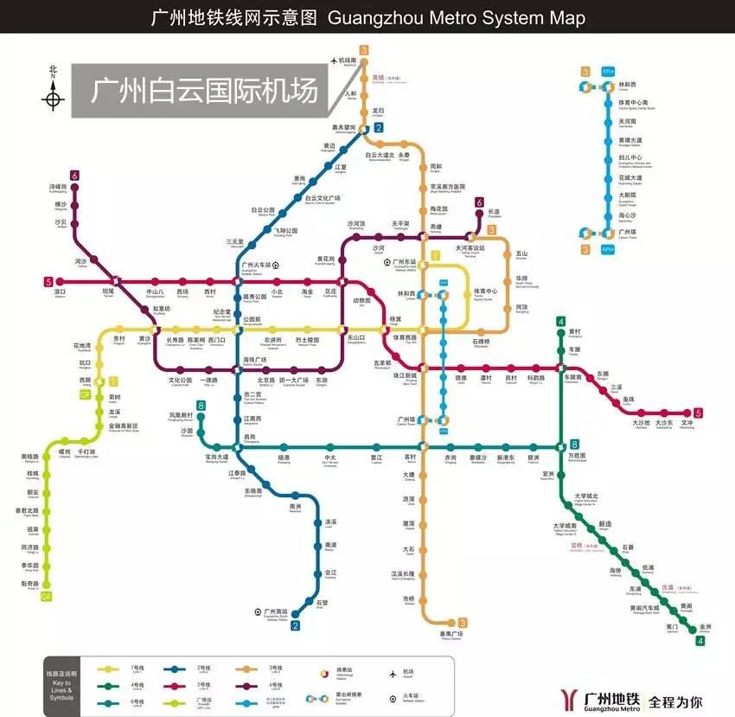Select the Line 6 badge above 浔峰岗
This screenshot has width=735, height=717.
pos(75,176)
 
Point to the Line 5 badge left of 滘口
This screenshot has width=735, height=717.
pos(48,281)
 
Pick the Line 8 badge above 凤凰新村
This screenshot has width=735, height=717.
pos(201,405)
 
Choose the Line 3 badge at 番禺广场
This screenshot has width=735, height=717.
pos(463,623)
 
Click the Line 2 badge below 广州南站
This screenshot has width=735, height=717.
pos(295,626)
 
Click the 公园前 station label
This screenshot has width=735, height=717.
pos(252,320)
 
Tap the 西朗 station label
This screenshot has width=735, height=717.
pos(84,380)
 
